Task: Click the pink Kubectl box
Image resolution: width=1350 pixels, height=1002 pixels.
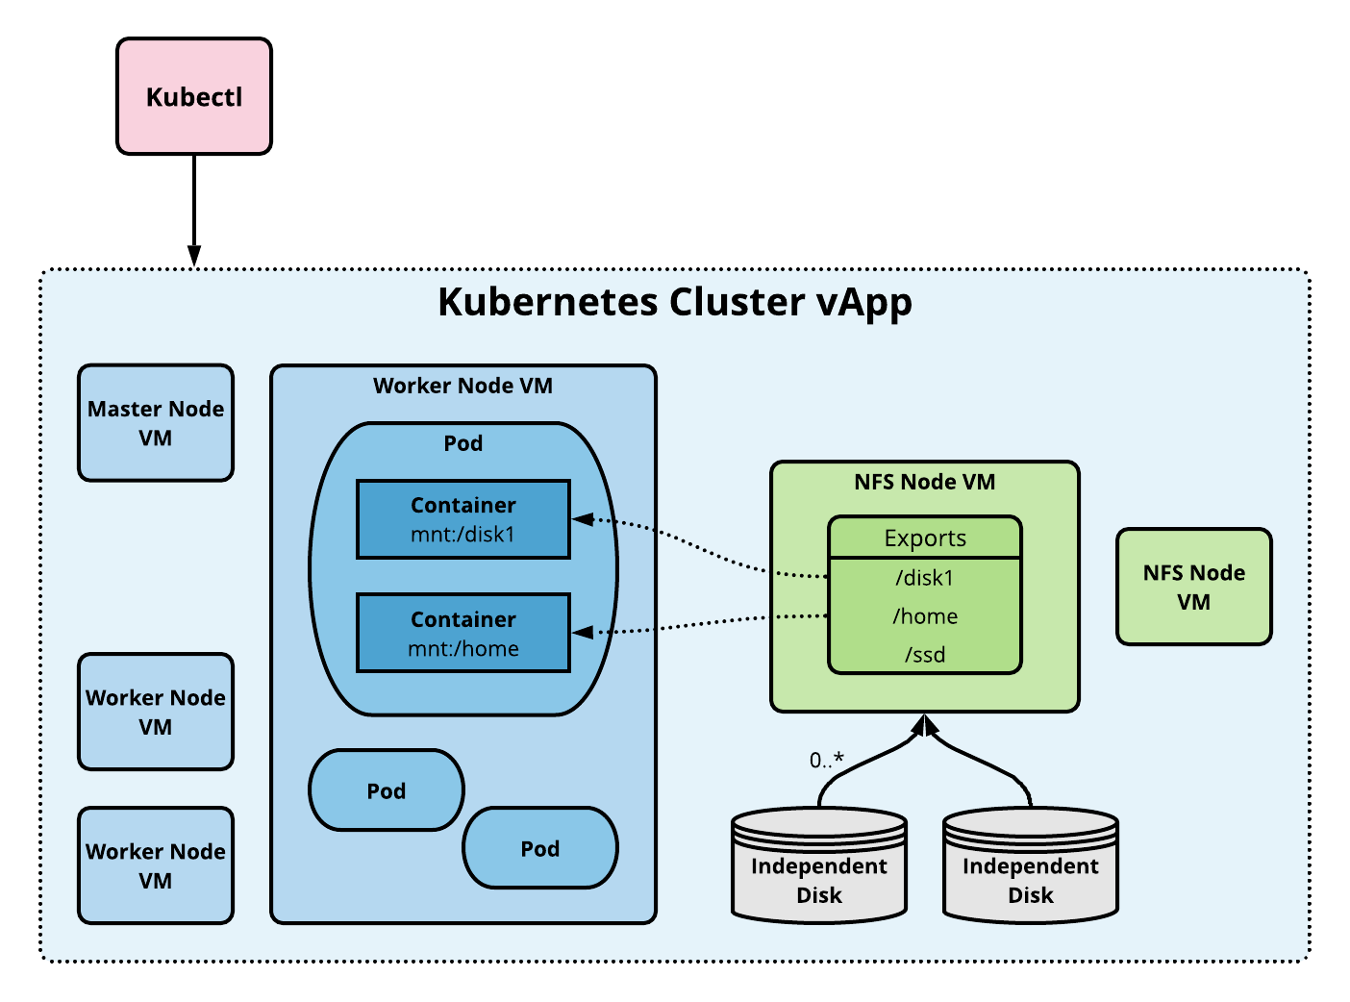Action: point(194,96)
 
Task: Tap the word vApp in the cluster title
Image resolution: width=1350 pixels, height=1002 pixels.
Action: point(863,303)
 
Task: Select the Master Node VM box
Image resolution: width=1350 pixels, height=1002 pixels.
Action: point(156,423)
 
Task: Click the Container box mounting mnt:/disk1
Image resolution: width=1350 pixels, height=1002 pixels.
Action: point(463,519)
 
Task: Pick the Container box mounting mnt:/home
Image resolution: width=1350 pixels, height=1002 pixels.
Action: point(463,633)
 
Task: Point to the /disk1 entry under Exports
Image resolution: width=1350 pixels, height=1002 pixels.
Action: point(924,578)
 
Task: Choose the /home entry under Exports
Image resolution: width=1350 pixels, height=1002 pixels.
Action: point(924,616)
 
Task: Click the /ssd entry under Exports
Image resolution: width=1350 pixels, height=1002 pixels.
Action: point(924,655)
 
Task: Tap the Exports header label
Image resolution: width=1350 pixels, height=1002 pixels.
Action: point(925,538)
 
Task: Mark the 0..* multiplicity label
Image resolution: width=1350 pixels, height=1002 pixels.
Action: point(826,761)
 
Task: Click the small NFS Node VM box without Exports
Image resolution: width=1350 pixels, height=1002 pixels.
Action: point(1194,587)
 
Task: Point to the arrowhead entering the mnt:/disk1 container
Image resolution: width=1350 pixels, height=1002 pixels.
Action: point(583,519)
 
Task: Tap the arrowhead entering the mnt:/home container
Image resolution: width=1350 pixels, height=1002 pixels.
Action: point(583,632)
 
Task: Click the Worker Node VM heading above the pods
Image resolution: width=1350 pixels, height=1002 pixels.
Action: point(462,386)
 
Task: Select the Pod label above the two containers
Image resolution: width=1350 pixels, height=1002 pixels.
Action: point(462,443)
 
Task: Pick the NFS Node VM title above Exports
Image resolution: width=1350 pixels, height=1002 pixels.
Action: point(924,482)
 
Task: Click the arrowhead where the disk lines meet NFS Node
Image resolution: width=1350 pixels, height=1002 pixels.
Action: point(924,724)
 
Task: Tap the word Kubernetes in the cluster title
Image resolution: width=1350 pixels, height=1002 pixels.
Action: point(621,302)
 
